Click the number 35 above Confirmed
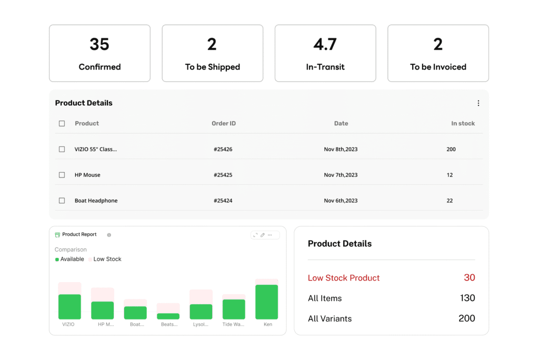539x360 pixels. [x=99, y=44]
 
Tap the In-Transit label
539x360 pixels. [x=325, y=67]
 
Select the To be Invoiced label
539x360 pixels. [x=438, y=67]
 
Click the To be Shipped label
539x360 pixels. [x=212, y=67]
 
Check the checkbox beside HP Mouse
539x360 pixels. [x=62, y=175]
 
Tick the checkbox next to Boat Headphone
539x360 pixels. [x=62, y=201]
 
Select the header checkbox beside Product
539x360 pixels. [x=62, y=124]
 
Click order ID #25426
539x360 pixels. [x=223, y=149]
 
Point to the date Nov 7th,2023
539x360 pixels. [x=341, y=175]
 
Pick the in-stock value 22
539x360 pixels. [x=450, y=201]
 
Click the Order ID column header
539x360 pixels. [x=224, y=124]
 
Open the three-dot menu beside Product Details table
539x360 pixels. [x=478, y=103]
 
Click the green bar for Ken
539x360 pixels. [x=266, y=302]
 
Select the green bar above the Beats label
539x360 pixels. [x=168, y=316]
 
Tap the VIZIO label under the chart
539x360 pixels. [x=68, y=325]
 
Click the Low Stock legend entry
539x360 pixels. [x=107, y=259]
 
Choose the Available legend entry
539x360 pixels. [x=72, y=259]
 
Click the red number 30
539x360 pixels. [x=469, y=277]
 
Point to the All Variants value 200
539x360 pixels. [x=466, y=318]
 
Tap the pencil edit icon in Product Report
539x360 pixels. [x=263, y=235]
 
